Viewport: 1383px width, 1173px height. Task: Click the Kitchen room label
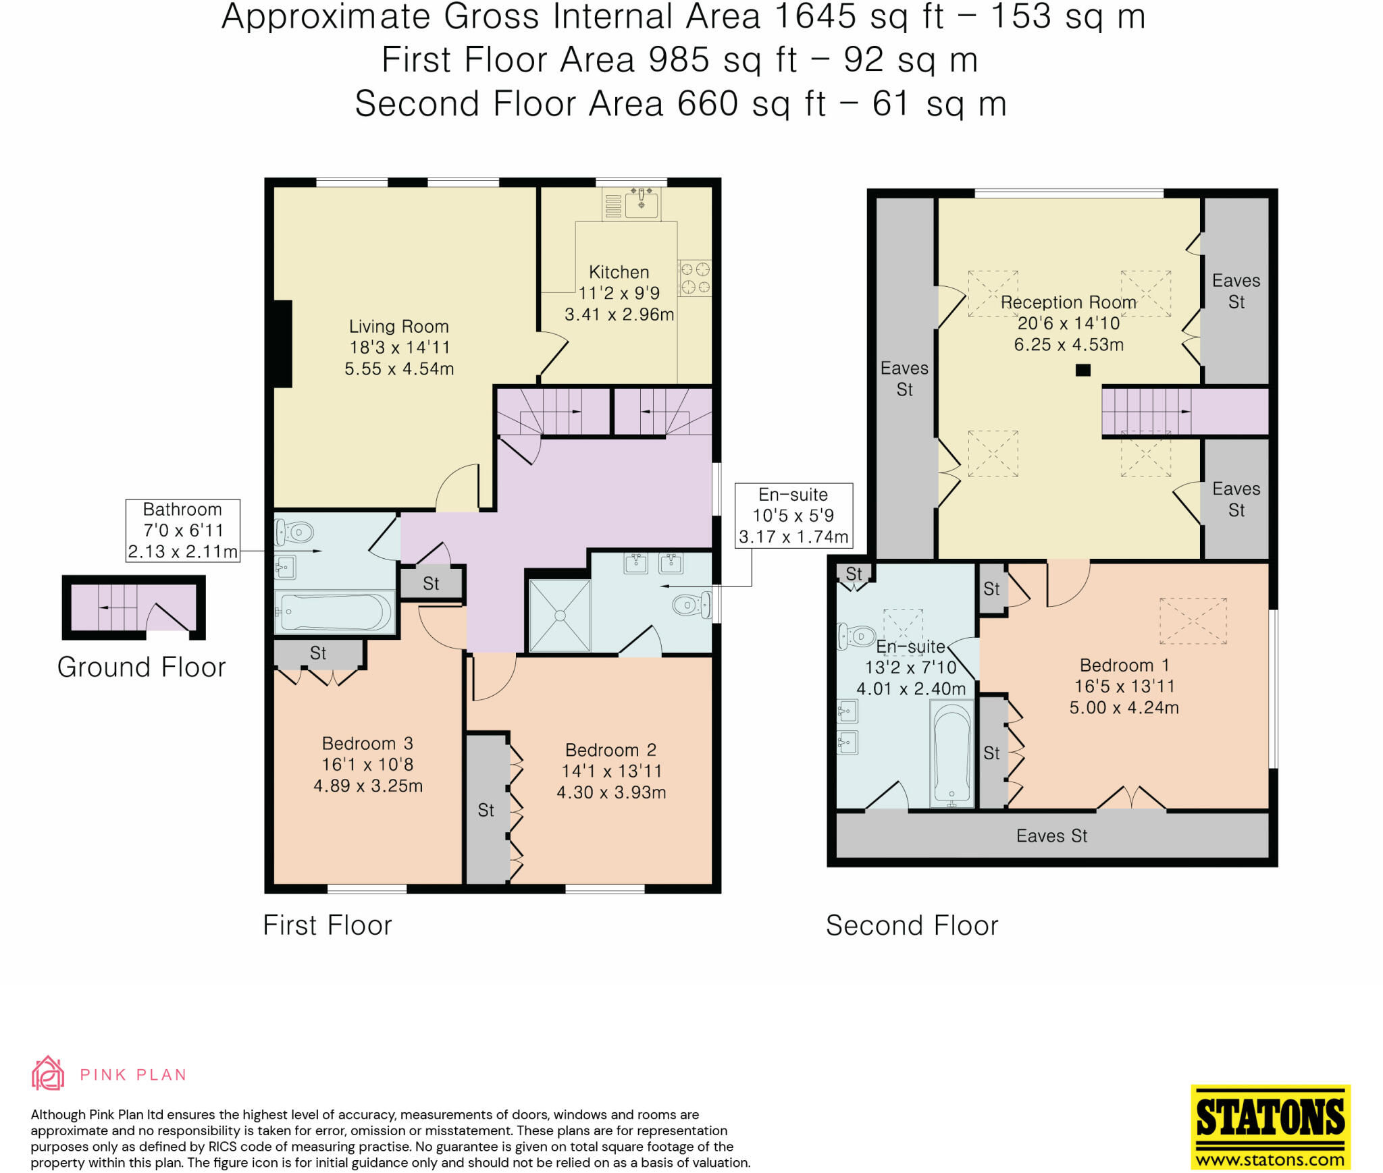[x=619, y=272]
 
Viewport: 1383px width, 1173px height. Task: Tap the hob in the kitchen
[x=695, y=278]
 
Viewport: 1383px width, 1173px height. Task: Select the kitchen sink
[x=641, y=202]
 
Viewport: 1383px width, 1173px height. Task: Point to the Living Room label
[x=398, y=327]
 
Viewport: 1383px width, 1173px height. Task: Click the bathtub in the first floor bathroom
[x=334, y=612]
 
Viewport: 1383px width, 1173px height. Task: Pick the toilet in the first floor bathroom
[x=294, y=533]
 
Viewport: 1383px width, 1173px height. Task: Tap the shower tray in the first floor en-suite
[x=560, y=616]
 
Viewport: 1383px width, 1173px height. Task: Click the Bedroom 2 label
[x=610, y=750]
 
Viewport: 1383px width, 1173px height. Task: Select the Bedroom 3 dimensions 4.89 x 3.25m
[x=368, y=786]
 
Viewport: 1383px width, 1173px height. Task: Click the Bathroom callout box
[x=183, y=530]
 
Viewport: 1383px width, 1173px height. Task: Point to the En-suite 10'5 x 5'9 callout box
[x=793, y=516]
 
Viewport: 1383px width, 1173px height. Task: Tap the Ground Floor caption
[x=141, y=667]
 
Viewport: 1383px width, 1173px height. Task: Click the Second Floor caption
[x=912, y=925]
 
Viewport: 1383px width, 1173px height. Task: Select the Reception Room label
[x=1068, y=302]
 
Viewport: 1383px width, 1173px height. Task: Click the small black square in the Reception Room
[x=1083, y=370]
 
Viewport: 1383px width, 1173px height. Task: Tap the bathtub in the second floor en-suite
[x=952, y=753]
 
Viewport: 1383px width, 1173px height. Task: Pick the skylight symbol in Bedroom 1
[x=1193, y=621]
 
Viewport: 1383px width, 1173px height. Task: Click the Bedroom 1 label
[x=1124, y=665]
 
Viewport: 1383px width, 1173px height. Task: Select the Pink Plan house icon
[x=48, y=1073]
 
